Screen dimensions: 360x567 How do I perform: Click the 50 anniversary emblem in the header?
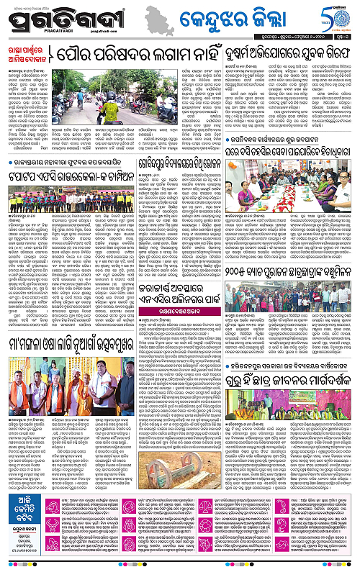click(x=339, y=15)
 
